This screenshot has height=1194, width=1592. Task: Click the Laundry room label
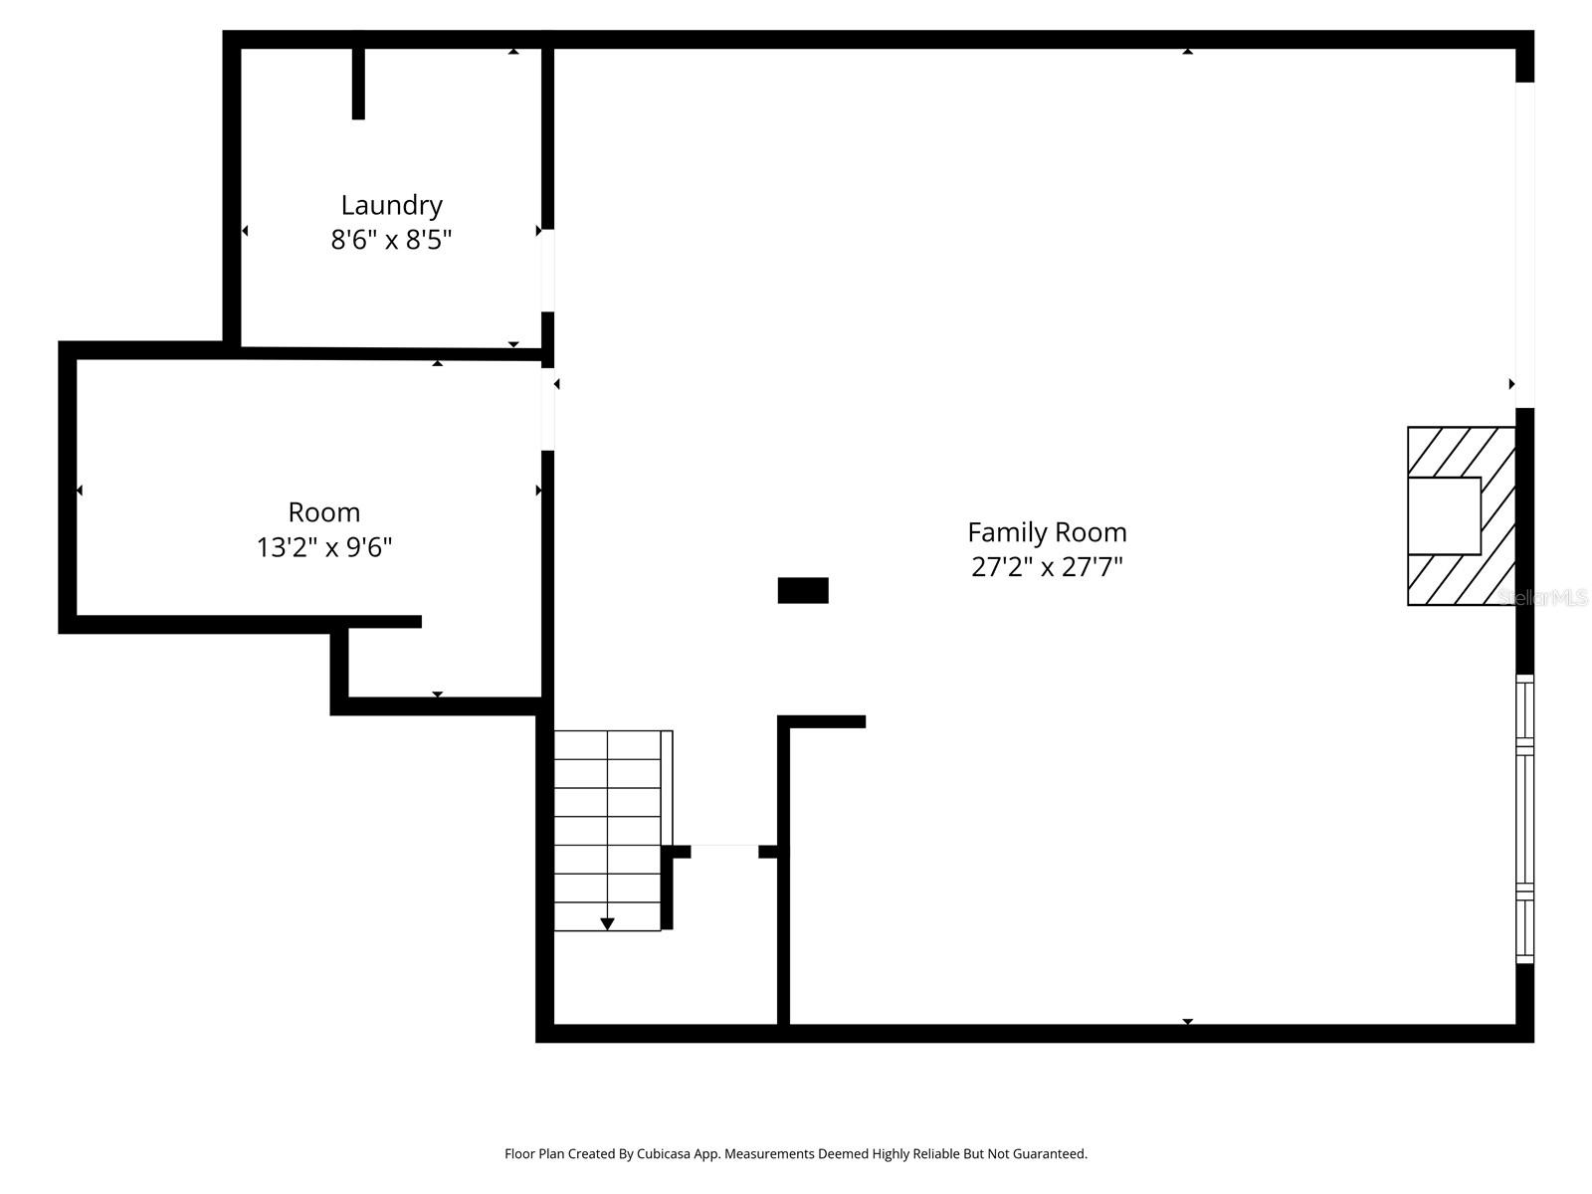[x=391, y=205]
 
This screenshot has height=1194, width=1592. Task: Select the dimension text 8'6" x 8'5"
[x=391, y=240]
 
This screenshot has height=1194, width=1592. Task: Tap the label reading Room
[x=323, y=512]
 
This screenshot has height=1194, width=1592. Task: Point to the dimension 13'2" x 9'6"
[x=323, y=547]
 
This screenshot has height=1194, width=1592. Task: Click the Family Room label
[x=1047, y=532]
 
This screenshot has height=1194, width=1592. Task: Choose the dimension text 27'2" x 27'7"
[x=1047, y=567]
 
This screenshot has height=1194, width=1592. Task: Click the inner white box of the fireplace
[x=1444, y=515]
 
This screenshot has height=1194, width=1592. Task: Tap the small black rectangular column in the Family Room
[x=802, y=590]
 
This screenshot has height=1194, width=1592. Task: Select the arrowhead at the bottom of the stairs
[x=607, y=924]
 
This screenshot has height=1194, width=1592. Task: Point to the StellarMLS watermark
[x=1542, y=597]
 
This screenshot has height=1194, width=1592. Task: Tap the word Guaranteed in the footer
[x=1051, y=1154]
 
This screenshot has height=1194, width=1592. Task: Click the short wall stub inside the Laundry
[x=358, y=84]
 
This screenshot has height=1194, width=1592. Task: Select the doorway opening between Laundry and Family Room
[x=547, y=271]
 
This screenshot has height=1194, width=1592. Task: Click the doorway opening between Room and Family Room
[x=547, y=409]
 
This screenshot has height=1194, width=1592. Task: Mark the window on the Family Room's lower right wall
[x=1524, y=819]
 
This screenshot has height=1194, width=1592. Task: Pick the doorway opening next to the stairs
[x=724, y=851]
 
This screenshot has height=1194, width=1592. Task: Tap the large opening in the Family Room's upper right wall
[x=1524, y=244]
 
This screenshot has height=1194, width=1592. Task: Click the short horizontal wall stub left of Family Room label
[x=822, y=721]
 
